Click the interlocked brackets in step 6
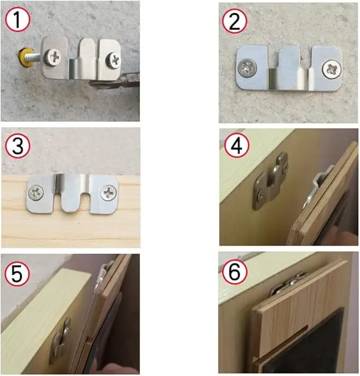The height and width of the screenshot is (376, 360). pos(289,284)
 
